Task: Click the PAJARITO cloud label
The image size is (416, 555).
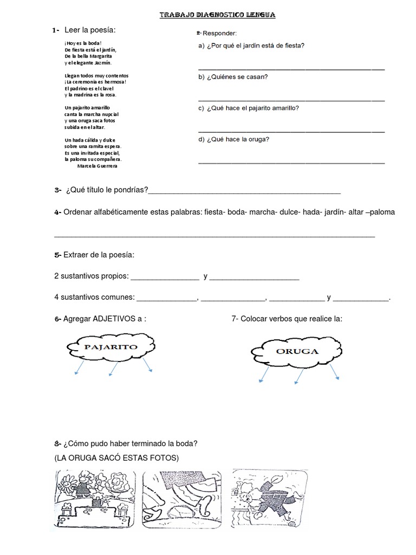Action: click(109, 347)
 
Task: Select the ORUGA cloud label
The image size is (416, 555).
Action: click(297, 351)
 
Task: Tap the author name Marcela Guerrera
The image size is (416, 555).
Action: click(97, 166)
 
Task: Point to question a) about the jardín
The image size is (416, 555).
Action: click(251, 46)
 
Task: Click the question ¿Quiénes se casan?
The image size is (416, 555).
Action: click(233, 76)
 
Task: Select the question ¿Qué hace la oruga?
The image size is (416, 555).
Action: click(234, 139)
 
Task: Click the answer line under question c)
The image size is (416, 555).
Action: click(291, 131)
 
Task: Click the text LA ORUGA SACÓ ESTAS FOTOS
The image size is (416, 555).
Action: click(116, 458)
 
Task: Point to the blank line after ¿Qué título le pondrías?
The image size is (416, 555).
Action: click(244, 192)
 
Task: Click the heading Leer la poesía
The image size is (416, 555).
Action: click(90, 29)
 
